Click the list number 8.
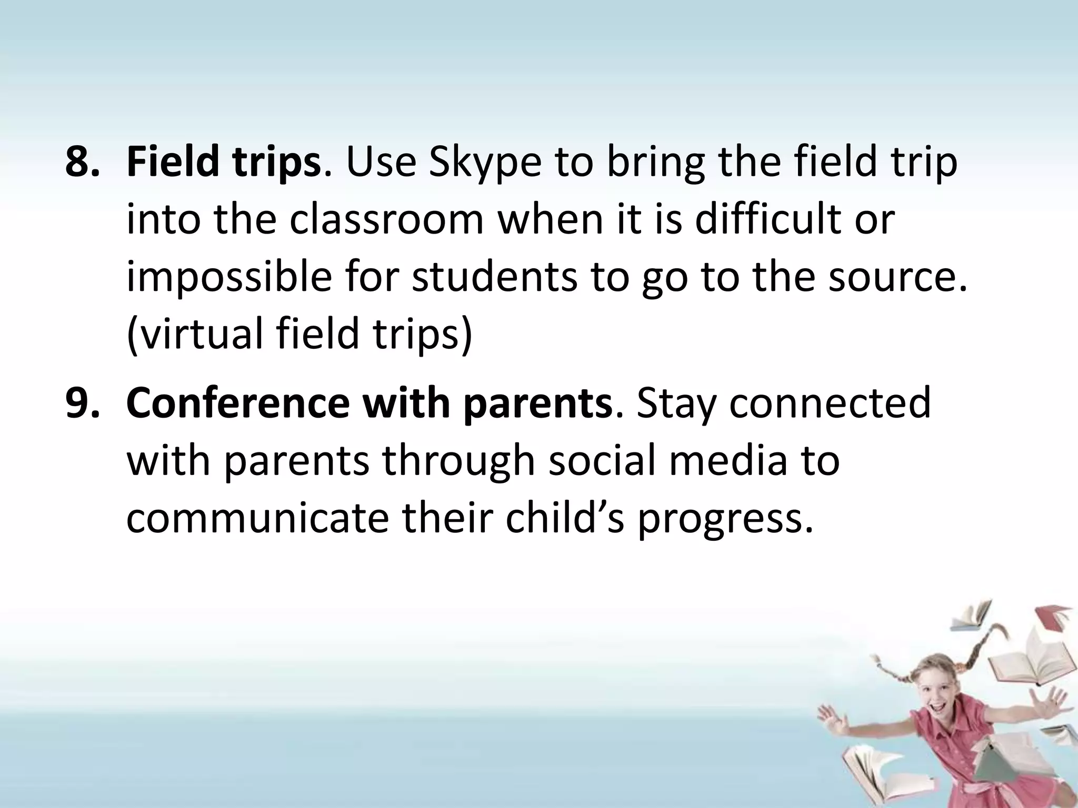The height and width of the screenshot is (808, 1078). (x=82, y=163)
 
